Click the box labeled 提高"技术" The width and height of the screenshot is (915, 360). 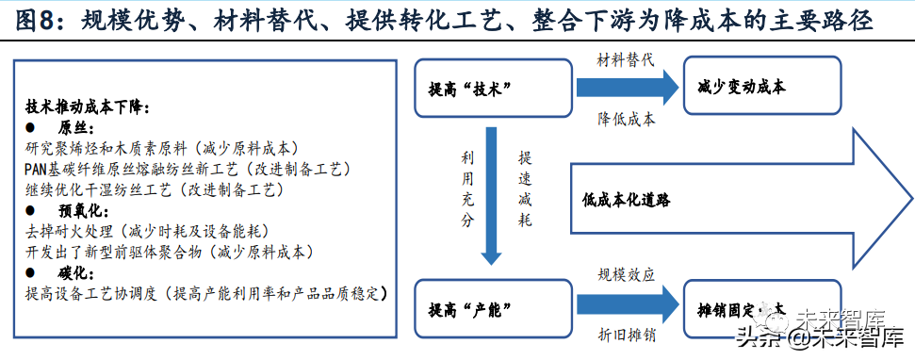coord(494,88)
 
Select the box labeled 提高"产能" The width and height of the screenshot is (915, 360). coord(494,307)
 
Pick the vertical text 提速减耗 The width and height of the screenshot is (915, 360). coord(525,188)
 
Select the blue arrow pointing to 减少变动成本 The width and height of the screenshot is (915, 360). coord(626,89)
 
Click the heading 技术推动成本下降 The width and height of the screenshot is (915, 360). coord(87,107)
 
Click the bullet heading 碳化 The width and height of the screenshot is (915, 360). coord(73,272)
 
